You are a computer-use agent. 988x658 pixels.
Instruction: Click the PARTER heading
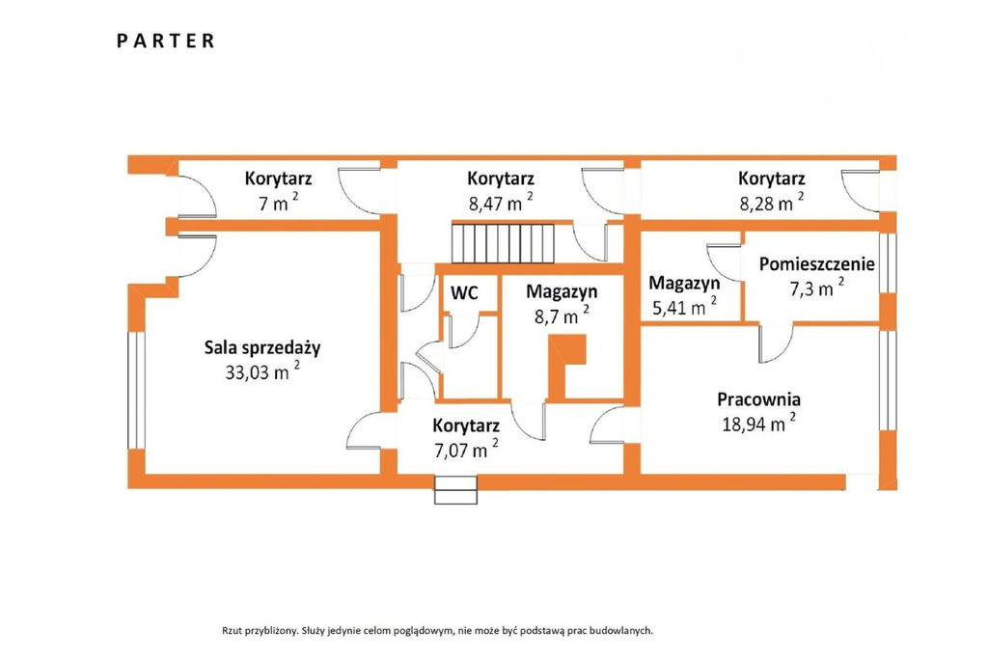166,41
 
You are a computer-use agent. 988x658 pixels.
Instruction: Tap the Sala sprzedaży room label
262,348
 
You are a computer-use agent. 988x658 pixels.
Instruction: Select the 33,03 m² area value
262,371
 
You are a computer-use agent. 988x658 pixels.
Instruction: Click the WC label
464,293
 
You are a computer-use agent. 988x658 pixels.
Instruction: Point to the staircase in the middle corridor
503,243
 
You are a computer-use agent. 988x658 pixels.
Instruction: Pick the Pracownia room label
758,399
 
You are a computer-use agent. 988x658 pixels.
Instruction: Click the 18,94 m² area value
758,423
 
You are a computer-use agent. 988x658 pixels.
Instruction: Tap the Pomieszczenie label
816,264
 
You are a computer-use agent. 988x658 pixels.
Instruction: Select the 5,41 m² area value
684,307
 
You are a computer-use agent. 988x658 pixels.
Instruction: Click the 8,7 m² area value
563,315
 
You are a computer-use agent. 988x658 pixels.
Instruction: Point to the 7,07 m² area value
466,450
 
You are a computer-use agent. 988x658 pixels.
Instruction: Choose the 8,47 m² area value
501,203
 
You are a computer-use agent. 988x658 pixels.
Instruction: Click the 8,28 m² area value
772,203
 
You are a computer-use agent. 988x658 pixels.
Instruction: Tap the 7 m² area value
279,203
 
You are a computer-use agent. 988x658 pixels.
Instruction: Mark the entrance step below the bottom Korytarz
455,490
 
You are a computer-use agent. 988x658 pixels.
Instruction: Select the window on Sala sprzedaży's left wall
136,390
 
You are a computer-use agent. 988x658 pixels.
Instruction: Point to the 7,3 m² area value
816,288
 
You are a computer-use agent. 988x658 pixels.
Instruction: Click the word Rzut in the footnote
231,630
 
